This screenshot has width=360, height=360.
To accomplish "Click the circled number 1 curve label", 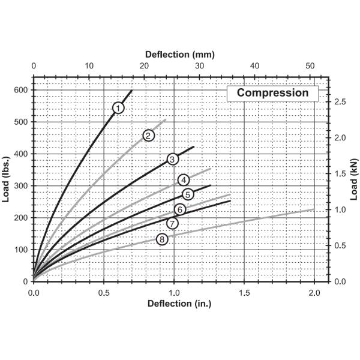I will pos(118,107).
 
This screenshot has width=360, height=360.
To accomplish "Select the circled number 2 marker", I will pos(148,135).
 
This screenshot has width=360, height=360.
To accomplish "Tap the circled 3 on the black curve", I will pos(172,159).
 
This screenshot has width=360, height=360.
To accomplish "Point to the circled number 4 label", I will pos(184,179).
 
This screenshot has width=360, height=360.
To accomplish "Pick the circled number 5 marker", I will pos(188,194).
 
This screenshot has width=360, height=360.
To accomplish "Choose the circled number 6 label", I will pos(179,209).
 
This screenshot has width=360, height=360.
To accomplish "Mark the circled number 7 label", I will pos(172,223).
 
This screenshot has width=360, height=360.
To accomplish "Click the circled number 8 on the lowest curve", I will pos(161,239).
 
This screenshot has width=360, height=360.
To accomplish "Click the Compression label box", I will pos(272,93).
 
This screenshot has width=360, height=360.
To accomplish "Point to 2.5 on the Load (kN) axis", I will pos(341,102).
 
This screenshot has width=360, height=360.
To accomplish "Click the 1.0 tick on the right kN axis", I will pos(341,210).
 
